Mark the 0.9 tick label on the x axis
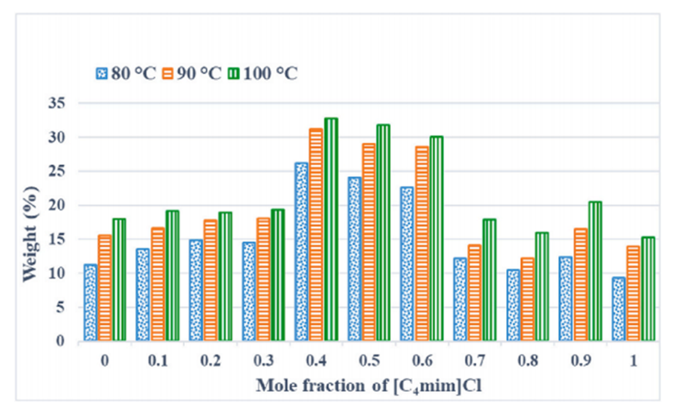point(580,363)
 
